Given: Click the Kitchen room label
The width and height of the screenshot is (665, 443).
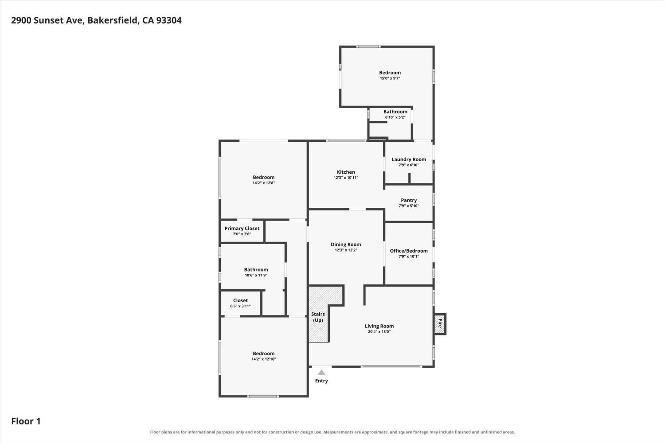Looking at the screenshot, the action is (346, 172).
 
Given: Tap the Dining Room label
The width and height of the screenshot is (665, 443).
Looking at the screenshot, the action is (346, 245).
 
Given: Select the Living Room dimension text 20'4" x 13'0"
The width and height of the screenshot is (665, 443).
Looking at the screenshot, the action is (379, 332).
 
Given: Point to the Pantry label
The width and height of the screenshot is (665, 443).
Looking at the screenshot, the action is (409, 200).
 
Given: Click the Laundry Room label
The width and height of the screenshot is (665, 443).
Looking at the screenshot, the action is (409, 159).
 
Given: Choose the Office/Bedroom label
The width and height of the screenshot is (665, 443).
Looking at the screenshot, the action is (409, 251).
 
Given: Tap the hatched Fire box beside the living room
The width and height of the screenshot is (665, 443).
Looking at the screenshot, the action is (440, 324).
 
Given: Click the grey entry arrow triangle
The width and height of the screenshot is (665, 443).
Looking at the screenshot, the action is (321, 373).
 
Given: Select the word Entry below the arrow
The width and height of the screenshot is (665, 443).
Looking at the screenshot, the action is (321, 381).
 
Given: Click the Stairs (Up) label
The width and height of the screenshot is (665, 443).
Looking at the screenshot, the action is (318, 317).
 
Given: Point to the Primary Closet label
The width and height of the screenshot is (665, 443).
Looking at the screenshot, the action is (242, 229).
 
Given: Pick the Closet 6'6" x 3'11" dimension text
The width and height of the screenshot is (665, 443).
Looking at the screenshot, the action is (240, 306).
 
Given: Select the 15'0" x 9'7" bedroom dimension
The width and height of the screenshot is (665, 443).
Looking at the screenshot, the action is (390, 78).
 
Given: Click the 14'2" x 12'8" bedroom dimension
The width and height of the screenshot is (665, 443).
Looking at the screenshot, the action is (264, 183).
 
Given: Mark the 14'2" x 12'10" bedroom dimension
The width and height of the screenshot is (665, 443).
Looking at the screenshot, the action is (264, 359).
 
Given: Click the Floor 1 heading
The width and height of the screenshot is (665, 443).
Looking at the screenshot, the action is (26, 421).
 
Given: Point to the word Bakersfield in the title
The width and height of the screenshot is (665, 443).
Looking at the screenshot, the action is (113, 20).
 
